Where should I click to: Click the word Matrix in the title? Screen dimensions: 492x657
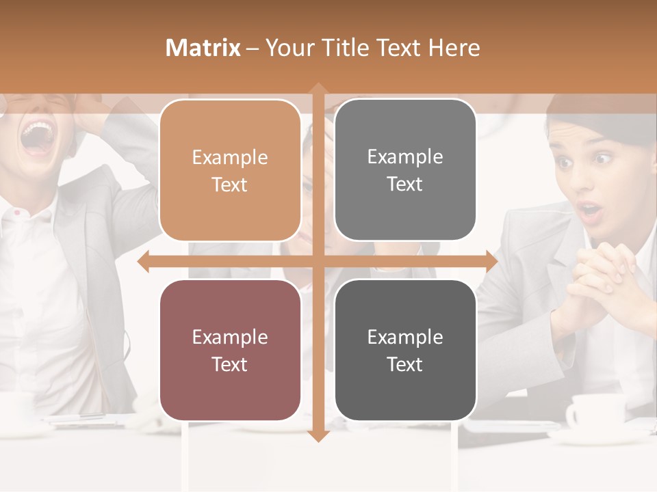click(x=203, y=48)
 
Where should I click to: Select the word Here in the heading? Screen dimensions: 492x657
click(x=454, y=48)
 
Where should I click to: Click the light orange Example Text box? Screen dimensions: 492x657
click(x=230, y=170)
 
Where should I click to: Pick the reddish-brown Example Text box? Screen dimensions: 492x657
click(x=230, y=350)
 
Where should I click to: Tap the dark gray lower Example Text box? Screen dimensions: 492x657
click(x=405, y=350)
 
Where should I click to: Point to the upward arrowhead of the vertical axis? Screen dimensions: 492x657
click(x=318, y=90)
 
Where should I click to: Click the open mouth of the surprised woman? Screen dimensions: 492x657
click(x=589, y=209)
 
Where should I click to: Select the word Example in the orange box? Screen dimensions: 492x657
click(x=230, y=157)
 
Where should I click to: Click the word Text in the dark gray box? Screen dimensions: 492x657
click(x=405, y=364)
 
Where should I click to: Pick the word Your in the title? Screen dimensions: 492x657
click(x=286, y=48)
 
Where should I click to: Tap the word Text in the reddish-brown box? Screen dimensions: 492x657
click(x=230, y=364)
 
